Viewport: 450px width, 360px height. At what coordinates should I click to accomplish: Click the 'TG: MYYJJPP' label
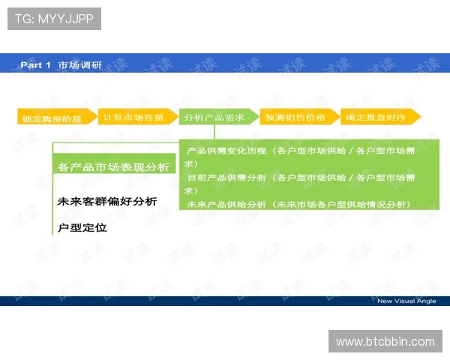[x=53, y=19]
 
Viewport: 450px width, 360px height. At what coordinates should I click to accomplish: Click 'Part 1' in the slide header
[x=35, y=65]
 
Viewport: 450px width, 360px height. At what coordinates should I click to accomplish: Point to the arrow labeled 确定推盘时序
[x=379, y=117]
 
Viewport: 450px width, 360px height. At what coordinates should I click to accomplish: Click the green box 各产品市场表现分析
[x=113, y=166]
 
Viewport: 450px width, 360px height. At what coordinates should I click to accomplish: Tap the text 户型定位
[x=82, y=227]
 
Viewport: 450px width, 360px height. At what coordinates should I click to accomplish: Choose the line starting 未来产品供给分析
[x=298, y=204]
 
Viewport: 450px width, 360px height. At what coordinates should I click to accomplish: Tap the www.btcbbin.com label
[x=385, y=342]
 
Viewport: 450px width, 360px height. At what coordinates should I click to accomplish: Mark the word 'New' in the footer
[x=384, y=301]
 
